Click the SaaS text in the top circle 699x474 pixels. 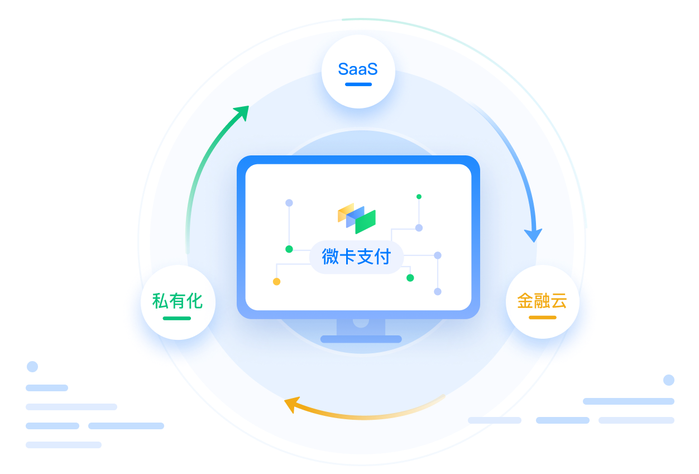tap(358, 69)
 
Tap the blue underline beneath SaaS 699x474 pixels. tap(358, 84)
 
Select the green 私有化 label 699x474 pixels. tap(177, 301)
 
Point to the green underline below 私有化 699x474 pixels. tap(177, 318)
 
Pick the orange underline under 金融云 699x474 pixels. tap(542, 317)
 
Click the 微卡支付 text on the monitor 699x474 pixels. tap(356, 257)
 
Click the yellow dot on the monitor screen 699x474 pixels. tap(276, 282)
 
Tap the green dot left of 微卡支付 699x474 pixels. tap(289, 249)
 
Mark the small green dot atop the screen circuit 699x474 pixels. tap(419, 197)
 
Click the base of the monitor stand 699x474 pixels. tap(361, 339)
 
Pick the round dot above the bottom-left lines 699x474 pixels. tap(32, 367)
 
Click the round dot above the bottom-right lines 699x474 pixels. tap(668, 380)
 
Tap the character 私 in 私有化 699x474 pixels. tap(160, 301)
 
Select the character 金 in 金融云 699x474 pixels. tap(525, 301)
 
